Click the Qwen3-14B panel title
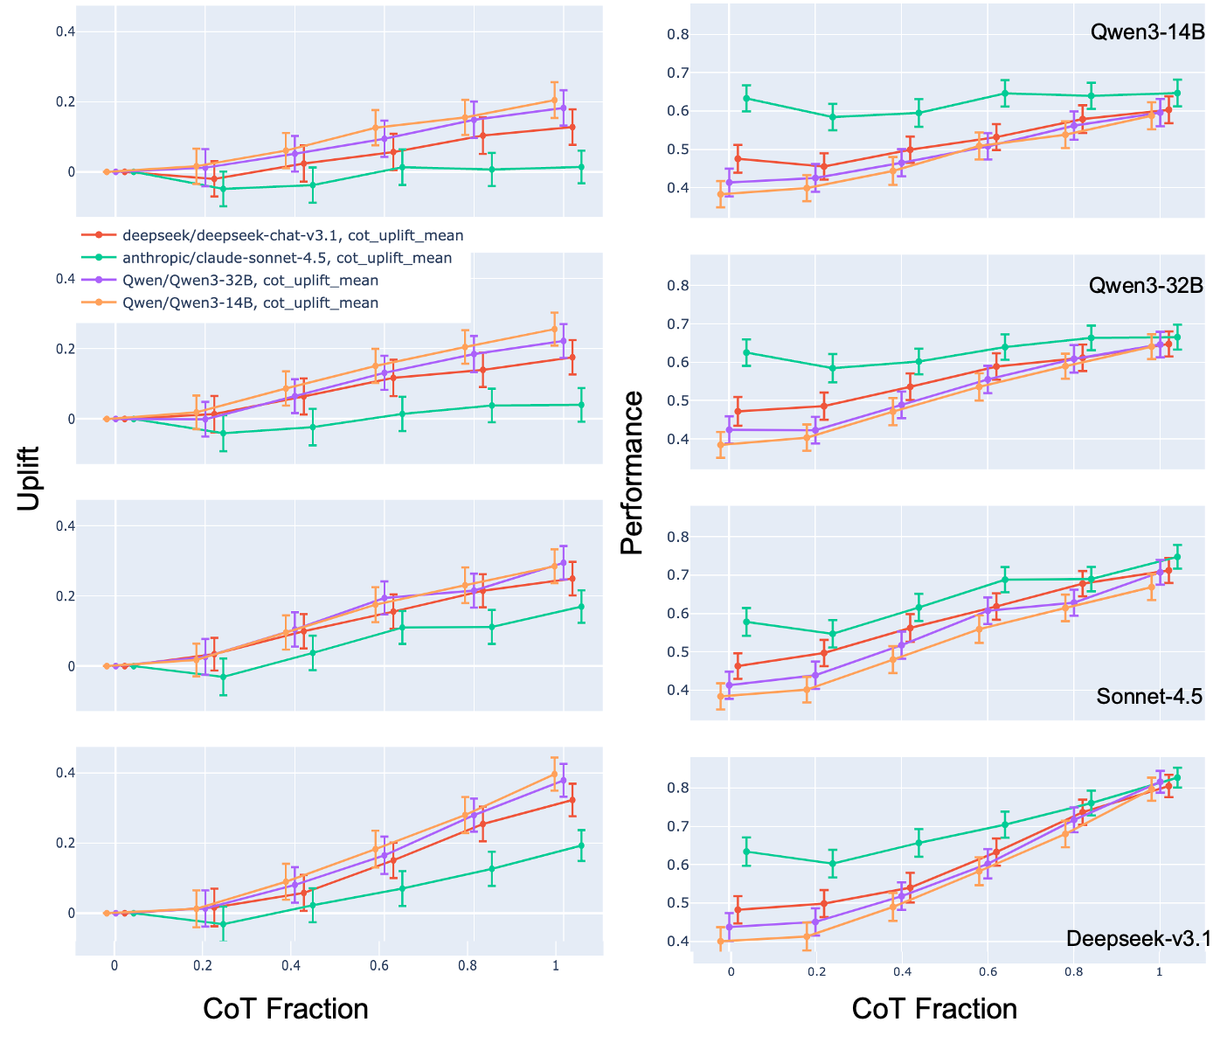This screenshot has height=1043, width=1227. (1147, 32)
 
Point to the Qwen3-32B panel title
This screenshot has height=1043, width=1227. (1146, 286)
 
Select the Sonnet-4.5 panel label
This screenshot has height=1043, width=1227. (1149, 697)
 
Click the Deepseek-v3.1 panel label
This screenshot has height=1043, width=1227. (1136, 939)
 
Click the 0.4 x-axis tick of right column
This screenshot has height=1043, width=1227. (902, 972)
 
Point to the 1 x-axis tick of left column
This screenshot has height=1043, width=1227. (556, 966)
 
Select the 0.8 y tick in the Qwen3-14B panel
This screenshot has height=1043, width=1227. (678, 35)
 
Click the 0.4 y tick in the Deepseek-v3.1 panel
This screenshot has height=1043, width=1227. (678, 942)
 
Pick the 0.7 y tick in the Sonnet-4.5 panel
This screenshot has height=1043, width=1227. (678, 575)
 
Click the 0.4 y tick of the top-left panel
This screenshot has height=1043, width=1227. (66, 31)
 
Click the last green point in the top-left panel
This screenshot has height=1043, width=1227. (581, 167)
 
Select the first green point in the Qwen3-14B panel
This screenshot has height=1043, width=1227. (746, 98)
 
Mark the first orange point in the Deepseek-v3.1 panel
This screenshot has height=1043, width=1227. (721, 941)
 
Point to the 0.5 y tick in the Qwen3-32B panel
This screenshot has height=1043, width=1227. (678, 401)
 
